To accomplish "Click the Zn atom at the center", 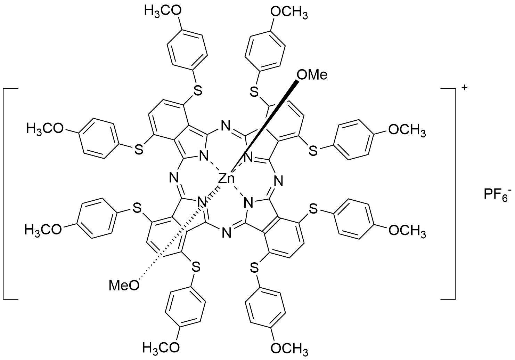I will [x=227, y=179].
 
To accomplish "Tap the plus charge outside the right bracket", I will [x=464, y=87].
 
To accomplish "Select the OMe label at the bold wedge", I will [x=311, y=75].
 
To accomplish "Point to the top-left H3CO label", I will [x=163, y=11].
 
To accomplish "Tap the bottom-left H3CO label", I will [x=161, y=347].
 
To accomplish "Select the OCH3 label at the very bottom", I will [x=289, y=347].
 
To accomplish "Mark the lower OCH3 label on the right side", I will [x=407, y=231].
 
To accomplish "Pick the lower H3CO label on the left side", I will [x=43, y=230].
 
